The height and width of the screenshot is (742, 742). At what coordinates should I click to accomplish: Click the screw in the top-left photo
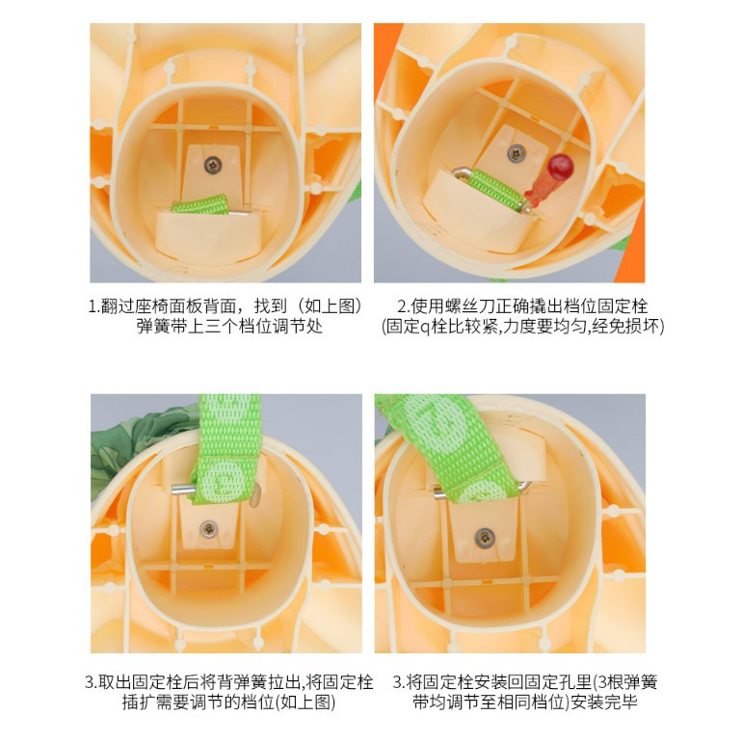[x=212, y=165]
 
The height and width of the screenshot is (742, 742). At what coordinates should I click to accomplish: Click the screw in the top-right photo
[x=517, y=153]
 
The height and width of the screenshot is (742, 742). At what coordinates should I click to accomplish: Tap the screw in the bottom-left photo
[x=208, y=529]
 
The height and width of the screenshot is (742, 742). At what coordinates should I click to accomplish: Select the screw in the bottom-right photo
[x=484, y=538]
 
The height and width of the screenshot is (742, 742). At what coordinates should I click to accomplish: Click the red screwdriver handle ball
[x=561, y=167]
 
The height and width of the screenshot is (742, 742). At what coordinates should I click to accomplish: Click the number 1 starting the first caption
[x=93, y=306]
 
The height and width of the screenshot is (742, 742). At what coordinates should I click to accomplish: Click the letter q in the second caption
[x=425, y=328]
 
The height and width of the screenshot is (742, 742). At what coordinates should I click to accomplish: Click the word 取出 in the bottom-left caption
[x=114, y=682]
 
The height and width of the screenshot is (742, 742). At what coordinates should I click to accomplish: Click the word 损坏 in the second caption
[x=643, y=327]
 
